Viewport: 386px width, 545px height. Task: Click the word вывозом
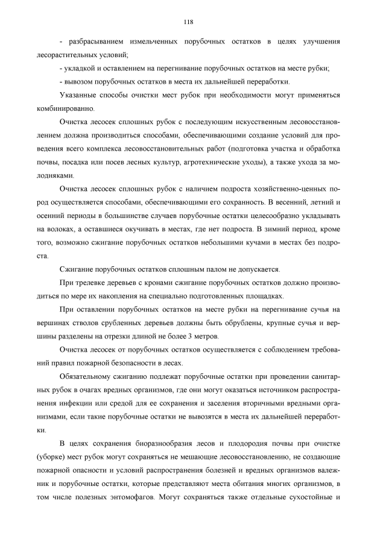[79, 82]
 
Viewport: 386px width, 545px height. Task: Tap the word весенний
[286, 202]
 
